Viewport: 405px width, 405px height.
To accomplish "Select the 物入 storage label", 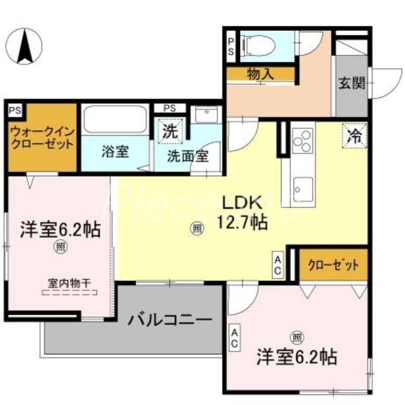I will click(260, 73).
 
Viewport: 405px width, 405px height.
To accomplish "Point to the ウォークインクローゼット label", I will click(42, 137).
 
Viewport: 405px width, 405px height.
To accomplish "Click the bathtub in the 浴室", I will click(115, 119).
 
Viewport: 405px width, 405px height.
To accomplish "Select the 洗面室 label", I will click(188, 155).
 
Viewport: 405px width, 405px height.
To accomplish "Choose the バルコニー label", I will click(169, 320).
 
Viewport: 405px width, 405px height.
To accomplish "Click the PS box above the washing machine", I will click(169, 108).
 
